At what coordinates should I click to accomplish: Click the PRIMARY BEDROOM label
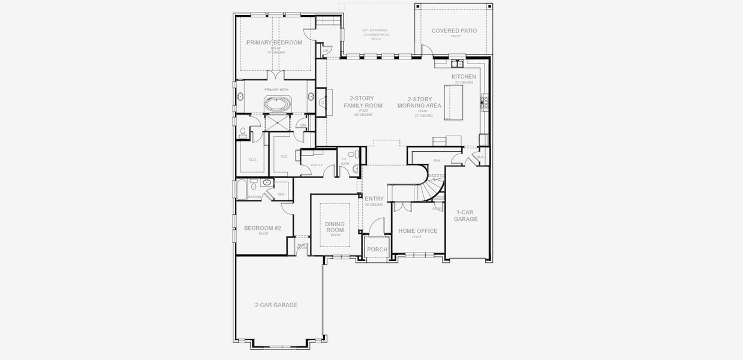tap(274, 43)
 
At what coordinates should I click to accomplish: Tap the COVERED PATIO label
tap(454, 31)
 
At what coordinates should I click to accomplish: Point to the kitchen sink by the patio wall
tap(457, 63)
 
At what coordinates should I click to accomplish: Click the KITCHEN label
tap(464, 77)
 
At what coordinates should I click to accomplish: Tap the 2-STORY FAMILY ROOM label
tap(363, 102)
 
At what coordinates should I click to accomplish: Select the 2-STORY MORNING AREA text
tap(419, 102)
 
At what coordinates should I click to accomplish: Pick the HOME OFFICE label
tap(417, 231)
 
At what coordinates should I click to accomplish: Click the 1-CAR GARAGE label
tap(465, 215)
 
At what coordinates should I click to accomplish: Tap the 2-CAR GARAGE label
tap(276, 305)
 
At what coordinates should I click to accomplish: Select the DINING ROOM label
tap(335, 227)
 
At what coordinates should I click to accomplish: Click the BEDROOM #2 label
tap(262, 228)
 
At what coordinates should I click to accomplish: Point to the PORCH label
tap(377, 250)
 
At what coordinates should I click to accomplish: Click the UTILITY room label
tap(317, 165)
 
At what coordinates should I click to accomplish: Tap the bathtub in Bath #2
tap(242, 190)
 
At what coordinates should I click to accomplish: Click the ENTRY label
tap(374, 199)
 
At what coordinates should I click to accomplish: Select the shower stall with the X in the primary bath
tap(277, 122)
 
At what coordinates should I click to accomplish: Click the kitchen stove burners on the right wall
tap(485, 103)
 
